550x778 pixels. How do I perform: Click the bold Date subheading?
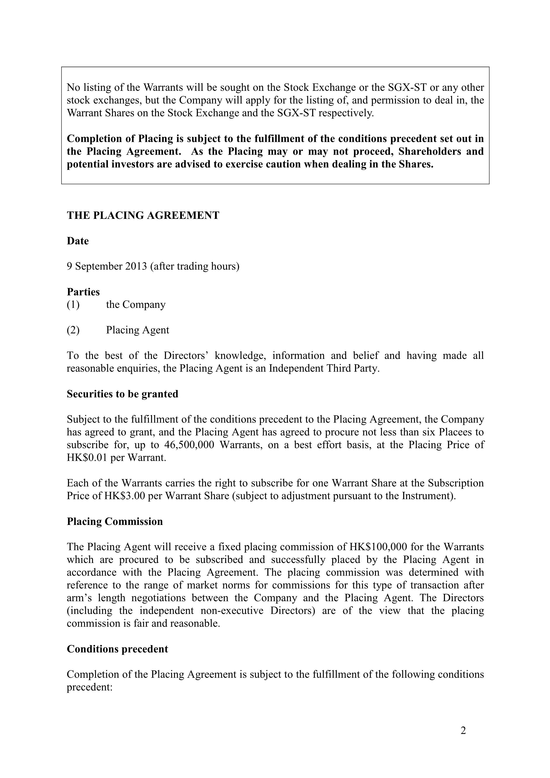(x=78, y=241)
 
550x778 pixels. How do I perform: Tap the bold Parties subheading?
(x=83, y=292)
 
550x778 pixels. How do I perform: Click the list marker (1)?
(x=73, y=305)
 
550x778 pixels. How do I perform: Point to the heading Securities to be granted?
(x=122, y=394)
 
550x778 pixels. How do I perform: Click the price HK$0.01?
(x=86, y=458)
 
